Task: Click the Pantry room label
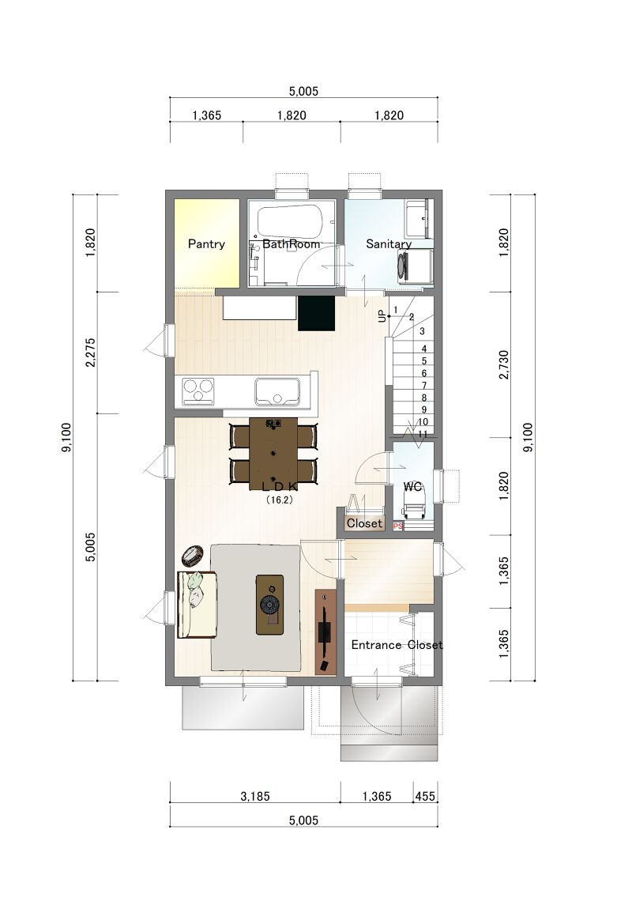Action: point(206,244)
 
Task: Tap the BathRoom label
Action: point(291,244)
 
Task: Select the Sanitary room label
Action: point(389,244)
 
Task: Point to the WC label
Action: point(412,487)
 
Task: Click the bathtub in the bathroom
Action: point(291,221)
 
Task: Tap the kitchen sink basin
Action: point(277,391)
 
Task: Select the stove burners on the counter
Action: point(198,391)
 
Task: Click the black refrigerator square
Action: point(316,313)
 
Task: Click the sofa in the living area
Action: point(197,605)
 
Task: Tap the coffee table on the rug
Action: point(269,605)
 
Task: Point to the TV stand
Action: point(325,632)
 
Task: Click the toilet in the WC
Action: point(412,506)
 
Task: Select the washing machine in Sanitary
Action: point(416,266)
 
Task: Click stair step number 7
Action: point(424,386)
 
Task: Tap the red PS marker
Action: point(398,526)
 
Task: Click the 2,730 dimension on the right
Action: point(504,364)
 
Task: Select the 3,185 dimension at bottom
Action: point(255,797)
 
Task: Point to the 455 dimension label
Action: point(425,797)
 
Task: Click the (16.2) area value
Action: point(279,500)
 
